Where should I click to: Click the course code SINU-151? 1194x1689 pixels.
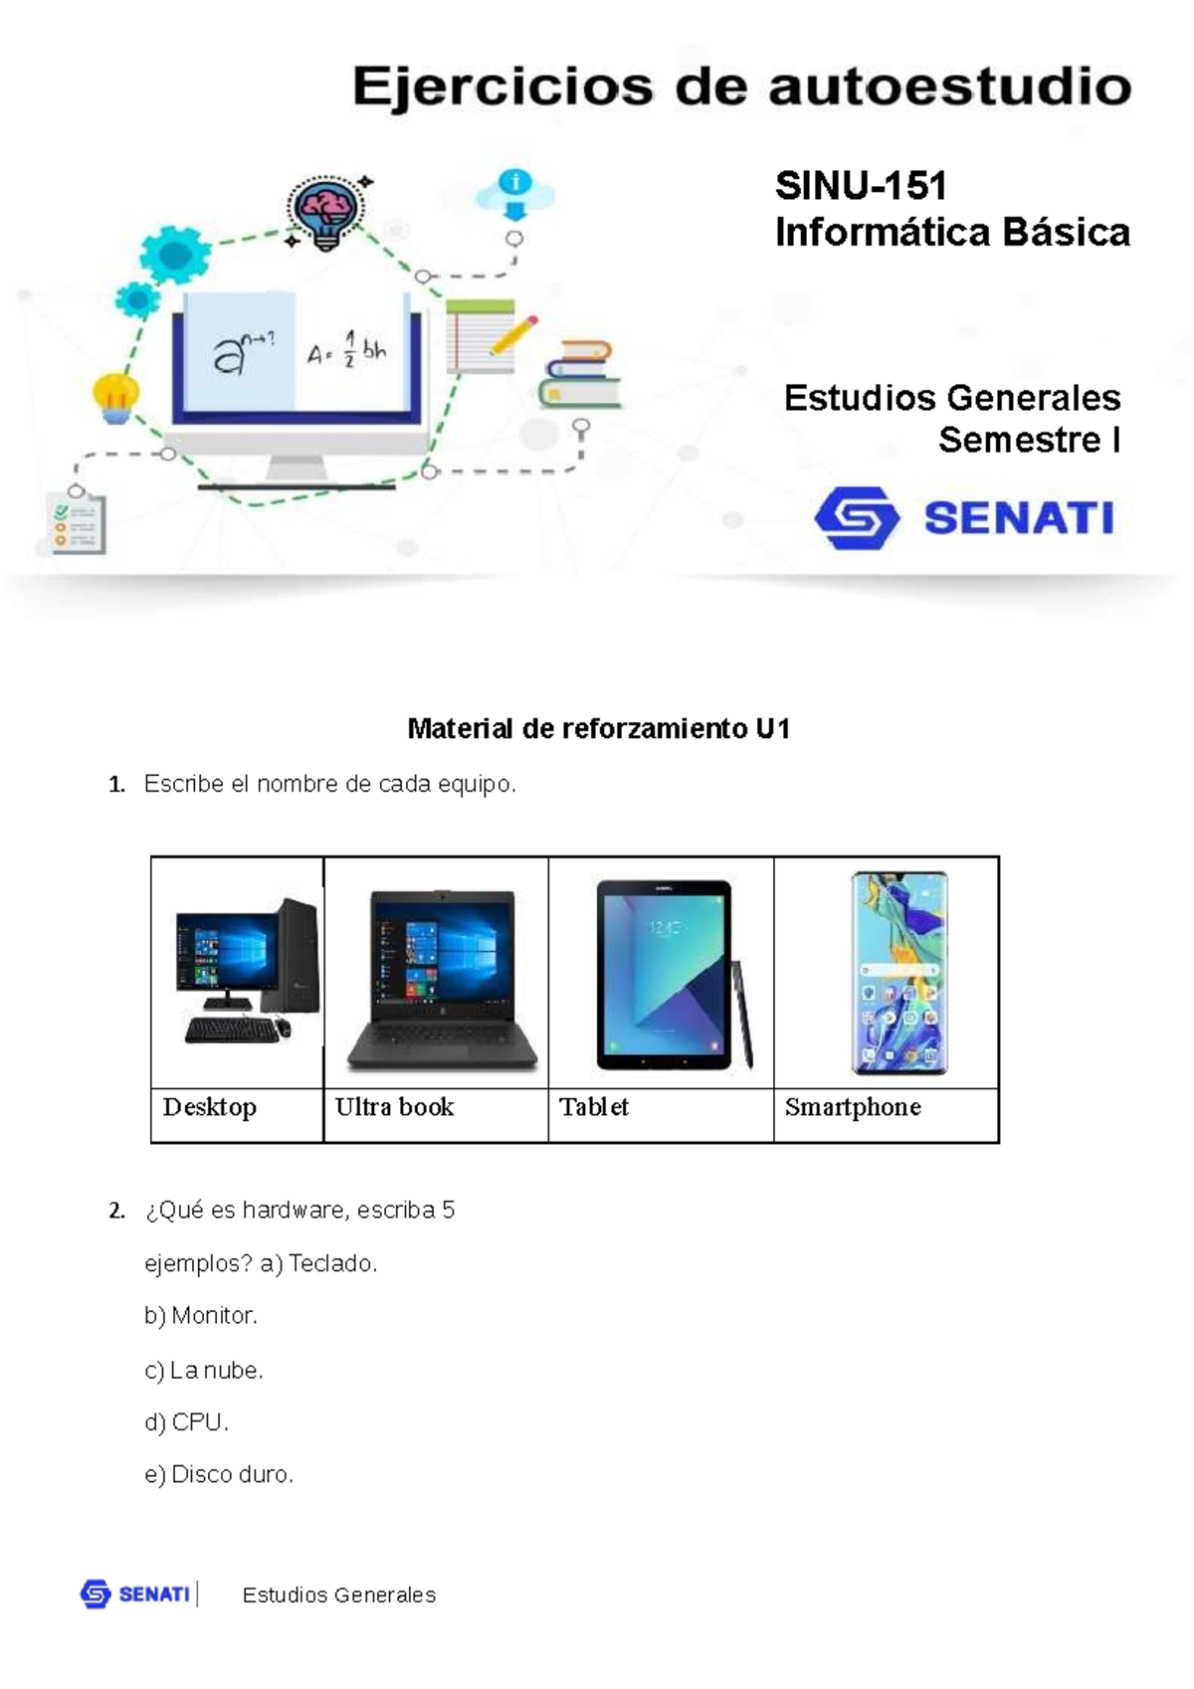point(861,186)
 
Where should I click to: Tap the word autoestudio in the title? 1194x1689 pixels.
point(949,88)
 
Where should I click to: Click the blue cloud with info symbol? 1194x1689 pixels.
point(514,191)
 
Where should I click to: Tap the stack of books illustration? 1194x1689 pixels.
point(579,375)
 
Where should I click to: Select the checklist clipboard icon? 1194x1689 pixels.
point(76,521)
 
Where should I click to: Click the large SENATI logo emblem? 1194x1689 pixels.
point(857,518)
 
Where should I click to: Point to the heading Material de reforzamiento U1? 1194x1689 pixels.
point(598,729)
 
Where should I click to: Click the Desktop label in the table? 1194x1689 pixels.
point(210,1107)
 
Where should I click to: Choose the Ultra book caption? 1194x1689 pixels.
point(394,1107)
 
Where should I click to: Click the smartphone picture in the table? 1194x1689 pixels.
point(898,973)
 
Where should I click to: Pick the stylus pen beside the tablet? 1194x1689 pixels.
point(743,1015)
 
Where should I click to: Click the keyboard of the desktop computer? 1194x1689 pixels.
point(232,1031)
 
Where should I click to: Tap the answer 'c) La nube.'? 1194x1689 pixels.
point(204,1371)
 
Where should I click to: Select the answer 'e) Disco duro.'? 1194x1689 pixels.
point(219,1474)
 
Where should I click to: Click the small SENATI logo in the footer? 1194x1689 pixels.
point(135,1595)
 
